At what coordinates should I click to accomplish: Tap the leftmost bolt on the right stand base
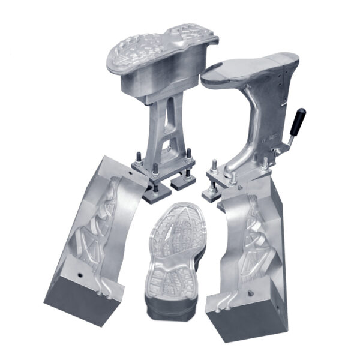pyautogui.click(x=213, y=166)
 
